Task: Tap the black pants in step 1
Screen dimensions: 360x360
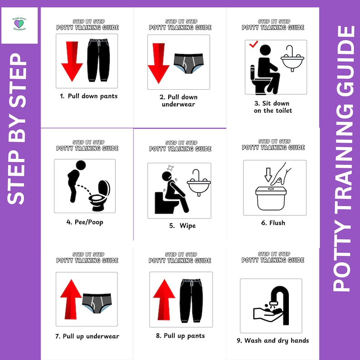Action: click(98, 60)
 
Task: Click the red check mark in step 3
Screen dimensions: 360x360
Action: click(253, 45)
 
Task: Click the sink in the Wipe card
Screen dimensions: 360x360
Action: click(200, 184)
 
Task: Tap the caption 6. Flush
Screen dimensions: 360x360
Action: click(273, 223)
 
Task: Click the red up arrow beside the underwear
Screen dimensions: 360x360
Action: click(71, 295)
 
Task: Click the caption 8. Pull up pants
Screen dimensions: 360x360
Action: click(180, 336)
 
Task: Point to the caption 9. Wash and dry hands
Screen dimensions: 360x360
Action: click(277, 341)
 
